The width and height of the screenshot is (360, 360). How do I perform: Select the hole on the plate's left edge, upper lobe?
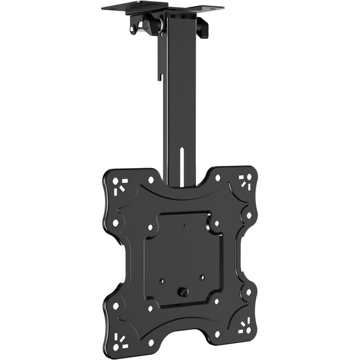tap(116, 223)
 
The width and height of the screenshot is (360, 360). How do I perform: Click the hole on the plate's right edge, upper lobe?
tap(249, 216)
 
